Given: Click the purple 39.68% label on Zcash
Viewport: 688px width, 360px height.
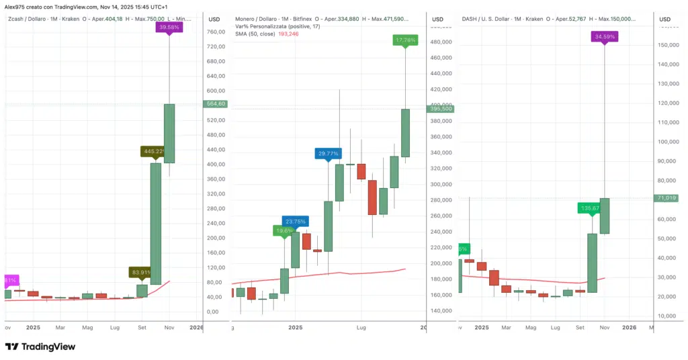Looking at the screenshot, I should point(169,27).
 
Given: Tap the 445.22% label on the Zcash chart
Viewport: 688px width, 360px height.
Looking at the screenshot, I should point(153,151).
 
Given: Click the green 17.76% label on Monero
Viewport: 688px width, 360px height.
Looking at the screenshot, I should point(406,40).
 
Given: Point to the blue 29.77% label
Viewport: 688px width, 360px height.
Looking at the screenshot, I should point(328,154).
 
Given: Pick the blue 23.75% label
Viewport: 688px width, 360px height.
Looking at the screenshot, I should point(296,221).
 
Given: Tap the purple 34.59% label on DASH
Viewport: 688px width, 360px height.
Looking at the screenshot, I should point(604,37).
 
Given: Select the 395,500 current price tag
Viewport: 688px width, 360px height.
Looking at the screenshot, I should point(440,109).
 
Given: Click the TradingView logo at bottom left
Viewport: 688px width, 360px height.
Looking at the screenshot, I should point(40,347).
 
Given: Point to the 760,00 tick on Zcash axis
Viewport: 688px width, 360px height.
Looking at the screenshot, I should point(216,32).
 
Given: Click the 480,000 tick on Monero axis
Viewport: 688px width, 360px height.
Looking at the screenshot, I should point(441,42).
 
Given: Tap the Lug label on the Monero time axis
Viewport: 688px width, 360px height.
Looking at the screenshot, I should point(361,327).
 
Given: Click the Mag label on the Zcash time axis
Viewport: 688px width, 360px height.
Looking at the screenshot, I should point(87,327).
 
